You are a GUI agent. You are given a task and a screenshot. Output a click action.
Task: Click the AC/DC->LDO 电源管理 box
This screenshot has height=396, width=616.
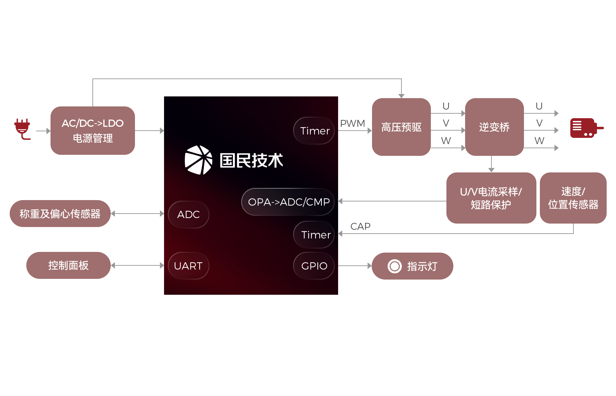click(x=92, y=130)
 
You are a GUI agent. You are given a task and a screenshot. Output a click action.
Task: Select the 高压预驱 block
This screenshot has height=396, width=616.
click(x=401, y=127)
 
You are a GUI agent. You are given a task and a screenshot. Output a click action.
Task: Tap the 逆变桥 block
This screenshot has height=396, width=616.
click(x=494, y=127)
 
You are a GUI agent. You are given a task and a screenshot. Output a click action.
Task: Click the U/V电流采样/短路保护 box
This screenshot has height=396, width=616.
click(x=491, y=198)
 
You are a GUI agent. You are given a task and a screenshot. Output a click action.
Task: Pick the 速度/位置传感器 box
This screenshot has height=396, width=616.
click(x=573, y=198)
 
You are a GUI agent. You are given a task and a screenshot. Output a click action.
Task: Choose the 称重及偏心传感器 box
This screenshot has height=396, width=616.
click(x=60, y=213)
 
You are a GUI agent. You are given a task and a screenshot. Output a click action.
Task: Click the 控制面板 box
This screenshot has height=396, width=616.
click(x=68, y=265)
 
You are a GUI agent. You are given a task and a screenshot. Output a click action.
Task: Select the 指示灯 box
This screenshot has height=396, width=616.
click(x=412, y=266)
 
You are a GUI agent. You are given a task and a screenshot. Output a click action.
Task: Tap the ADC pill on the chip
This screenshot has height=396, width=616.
click(x=189, y=215)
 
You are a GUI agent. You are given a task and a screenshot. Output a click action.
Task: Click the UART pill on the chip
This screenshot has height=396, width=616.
click(x=189, y=266)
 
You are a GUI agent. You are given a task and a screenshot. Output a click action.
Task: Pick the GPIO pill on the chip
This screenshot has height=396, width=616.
click(x=314, y=266)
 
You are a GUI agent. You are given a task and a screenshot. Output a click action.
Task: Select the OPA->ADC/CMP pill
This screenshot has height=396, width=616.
click(x=288, y=202)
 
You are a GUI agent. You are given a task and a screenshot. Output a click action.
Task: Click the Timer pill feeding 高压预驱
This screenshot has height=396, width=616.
click(x=314, y=131)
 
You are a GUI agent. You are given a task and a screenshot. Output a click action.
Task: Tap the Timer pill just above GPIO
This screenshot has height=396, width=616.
click(x=314, y=235)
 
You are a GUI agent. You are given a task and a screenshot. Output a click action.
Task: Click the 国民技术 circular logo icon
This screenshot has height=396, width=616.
click(x=198, y=160)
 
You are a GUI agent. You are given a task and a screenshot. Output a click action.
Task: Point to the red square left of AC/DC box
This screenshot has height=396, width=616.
click(x=22, y=129)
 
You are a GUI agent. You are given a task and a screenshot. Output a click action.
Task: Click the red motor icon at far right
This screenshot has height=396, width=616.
click(x=585, y=128)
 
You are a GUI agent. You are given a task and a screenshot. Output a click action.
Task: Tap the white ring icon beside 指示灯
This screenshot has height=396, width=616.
click(x=395, y=266)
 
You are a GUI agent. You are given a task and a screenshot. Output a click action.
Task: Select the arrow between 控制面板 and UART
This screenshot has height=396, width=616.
click(x=137, y=265)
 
